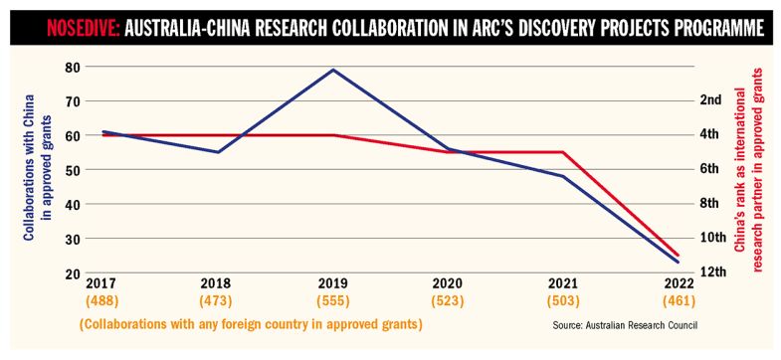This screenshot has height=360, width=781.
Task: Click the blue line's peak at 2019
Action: click(332, 70)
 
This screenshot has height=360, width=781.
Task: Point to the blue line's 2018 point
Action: click(217, 152)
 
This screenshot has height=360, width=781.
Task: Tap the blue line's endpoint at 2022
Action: click(678, 262)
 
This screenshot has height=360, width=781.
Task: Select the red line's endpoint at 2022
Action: click(678, 255)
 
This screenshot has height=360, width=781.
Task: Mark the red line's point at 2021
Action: click(563, 152)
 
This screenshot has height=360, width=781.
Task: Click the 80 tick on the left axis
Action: click(71, 67)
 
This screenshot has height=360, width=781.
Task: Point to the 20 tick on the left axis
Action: click(71, 272)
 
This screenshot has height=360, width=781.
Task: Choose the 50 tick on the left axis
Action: click(71, 170)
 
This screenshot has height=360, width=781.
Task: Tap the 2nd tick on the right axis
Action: click(711, 100)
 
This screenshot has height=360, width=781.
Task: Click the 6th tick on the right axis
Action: click(711, 169)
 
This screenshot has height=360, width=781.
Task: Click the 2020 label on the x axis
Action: click(448, 283)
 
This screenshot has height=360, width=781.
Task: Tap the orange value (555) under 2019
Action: click(332, 300)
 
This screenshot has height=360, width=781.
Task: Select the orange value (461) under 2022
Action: click(678, 300)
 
